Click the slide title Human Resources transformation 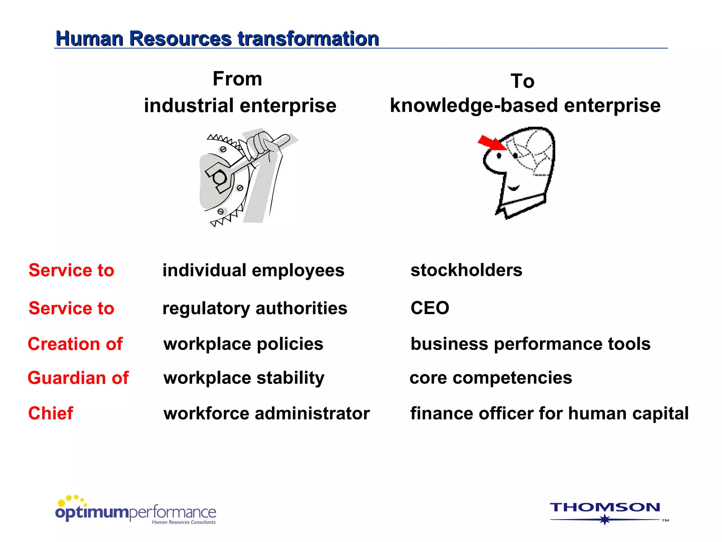pos(217,38)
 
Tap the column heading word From pos(237,79)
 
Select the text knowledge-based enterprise pos(525,106)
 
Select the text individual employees pos(253,271)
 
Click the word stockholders pos(466,270)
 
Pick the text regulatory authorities pos(255,308)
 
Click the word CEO pos(430,308)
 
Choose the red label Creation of pos(75,344)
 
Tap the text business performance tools pos(530,344)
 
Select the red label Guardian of pos(78,378)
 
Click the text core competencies pos(491,378)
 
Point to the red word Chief pos(51,413)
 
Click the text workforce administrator pos(267,414)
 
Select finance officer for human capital pos(549,414)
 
